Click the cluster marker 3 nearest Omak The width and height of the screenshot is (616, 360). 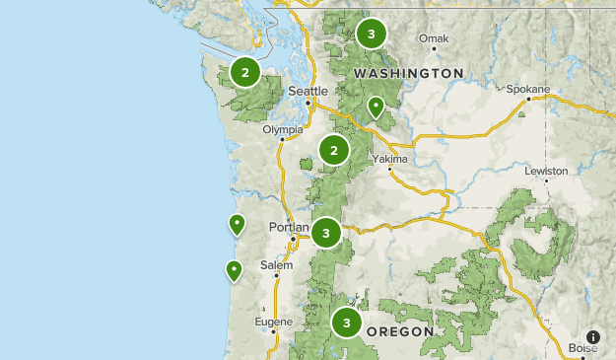[371, 35]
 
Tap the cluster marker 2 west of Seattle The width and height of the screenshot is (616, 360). [244, 71]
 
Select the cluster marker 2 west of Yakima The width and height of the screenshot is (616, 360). [334, 150]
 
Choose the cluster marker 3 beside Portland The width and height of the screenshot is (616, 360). [326, 233]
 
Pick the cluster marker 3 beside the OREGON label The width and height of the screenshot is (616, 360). [346, 322]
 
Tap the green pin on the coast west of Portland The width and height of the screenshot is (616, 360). [237, 224]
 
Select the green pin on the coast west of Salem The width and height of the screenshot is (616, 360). [235, 269]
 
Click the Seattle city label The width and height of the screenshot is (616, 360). [308, 91]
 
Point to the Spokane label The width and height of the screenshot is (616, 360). [528, 89]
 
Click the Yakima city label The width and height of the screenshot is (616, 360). [388, 158]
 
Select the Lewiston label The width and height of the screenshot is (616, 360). [546, 171]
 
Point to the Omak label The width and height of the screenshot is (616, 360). [433, 39]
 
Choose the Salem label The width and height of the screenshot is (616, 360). [277, 265]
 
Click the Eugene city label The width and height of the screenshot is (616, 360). [273, 322]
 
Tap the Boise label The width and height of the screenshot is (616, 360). [582, 348]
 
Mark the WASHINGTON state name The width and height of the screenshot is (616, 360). [408, 73]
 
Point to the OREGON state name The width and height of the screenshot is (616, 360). [399, 332]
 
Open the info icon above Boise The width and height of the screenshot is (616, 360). [593, 336]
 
